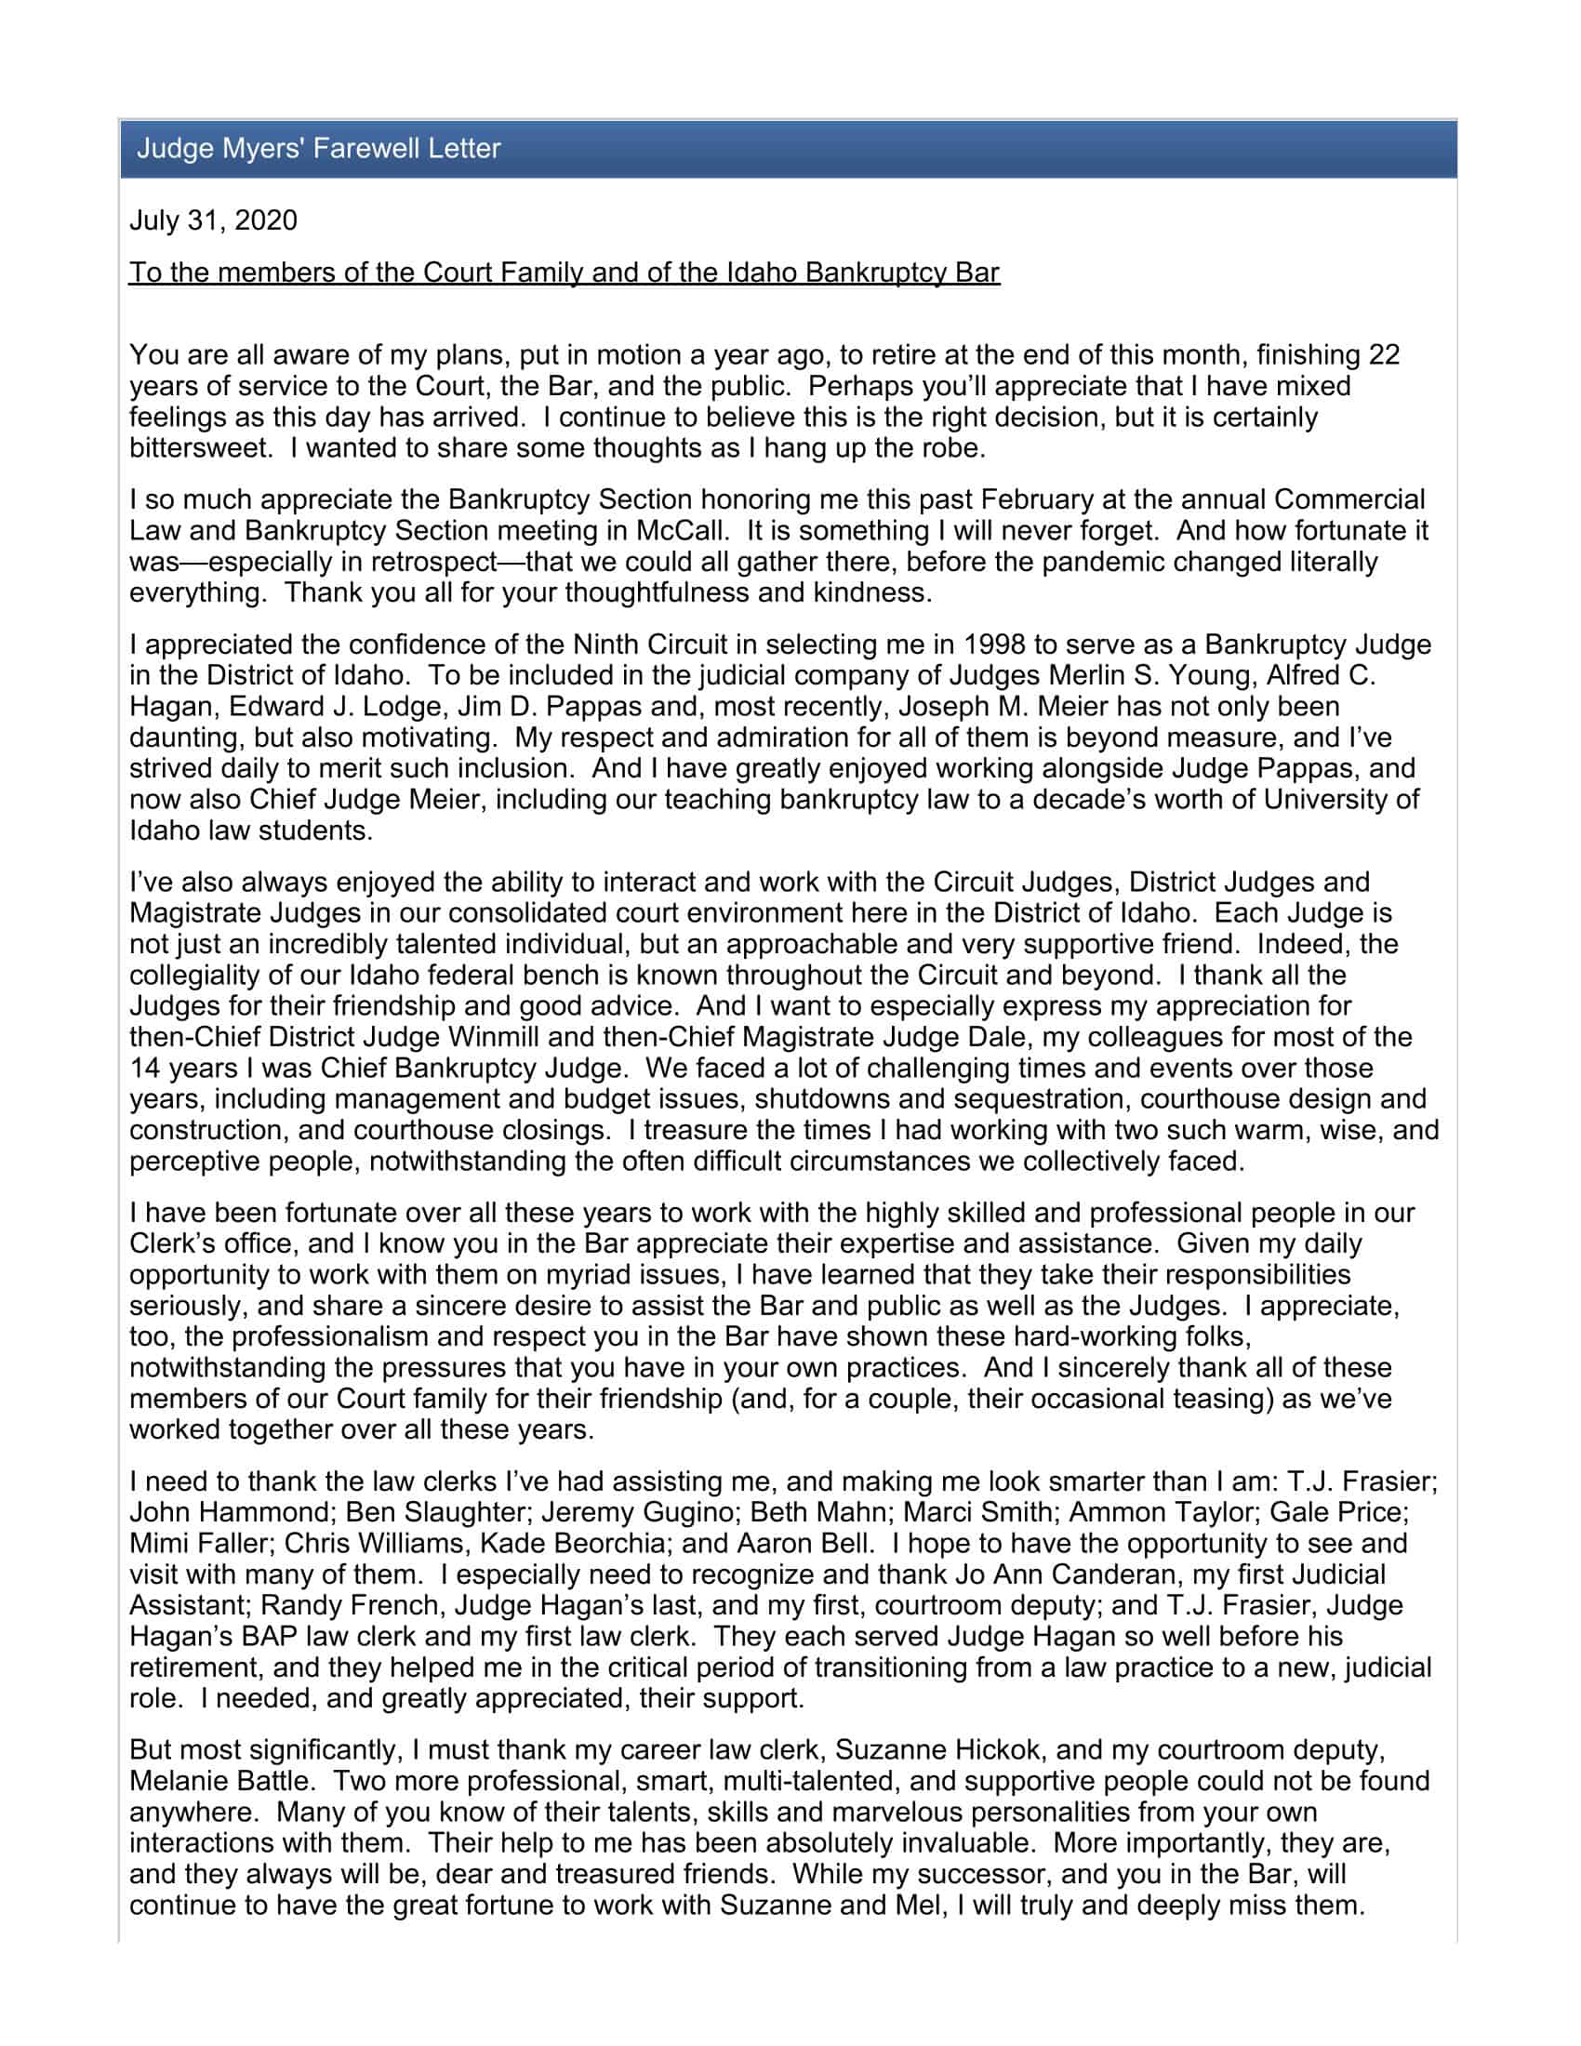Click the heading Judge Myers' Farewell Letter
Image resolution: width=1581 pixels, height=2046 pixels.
[318, 148]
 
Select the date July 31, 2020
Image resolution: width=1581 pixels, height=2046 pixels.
[213, 220]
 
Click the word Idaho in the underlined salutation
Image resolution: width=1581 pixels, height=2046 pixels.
[761, 272]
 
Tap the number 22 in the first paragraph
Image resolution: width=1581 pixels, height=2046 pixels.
[1384, 355]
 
